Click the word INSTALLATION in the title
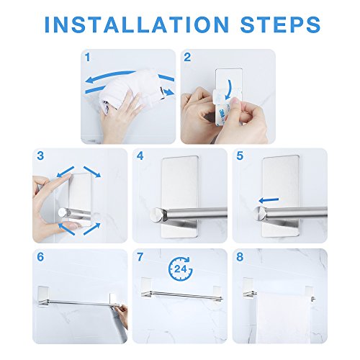(137, 24)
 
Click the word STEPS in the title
(280, 24)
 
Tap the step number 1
(88, 58)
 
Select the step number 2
(187, 58)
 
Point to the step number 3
(40, 156)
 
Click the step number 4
(140, 156)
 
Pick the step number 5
(240, 156)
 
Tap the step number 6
(40, 257)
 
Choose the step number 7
(140, 257)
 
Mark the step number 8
(240, 257)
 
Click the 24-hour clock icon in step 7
(181, 269)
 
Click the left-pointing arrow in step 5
(269, 200)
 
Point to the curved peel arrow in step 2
(230, 89)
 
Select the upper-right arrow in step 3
(92, 172)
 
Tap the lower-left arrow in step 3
(67, 229)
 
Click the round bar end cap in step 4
(156, 214)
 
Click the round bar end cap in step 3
(63, 213)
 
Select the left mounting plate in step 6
(43, 297)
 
